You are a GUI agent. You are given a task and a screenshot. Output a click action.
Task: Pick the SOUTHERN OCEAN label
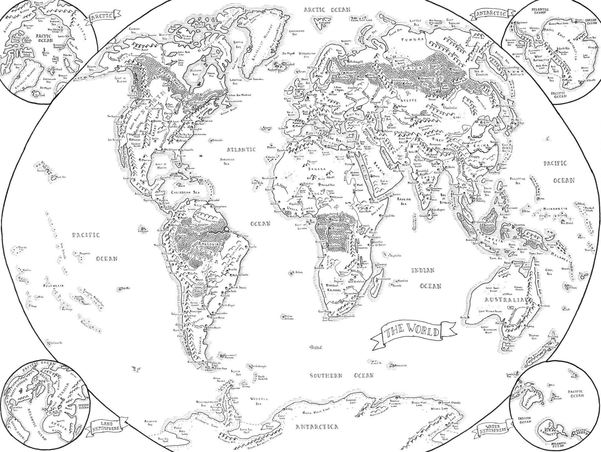(342, 376)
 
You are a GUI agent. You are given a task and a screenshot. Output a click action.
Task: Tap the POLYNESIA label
(54, 286)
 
